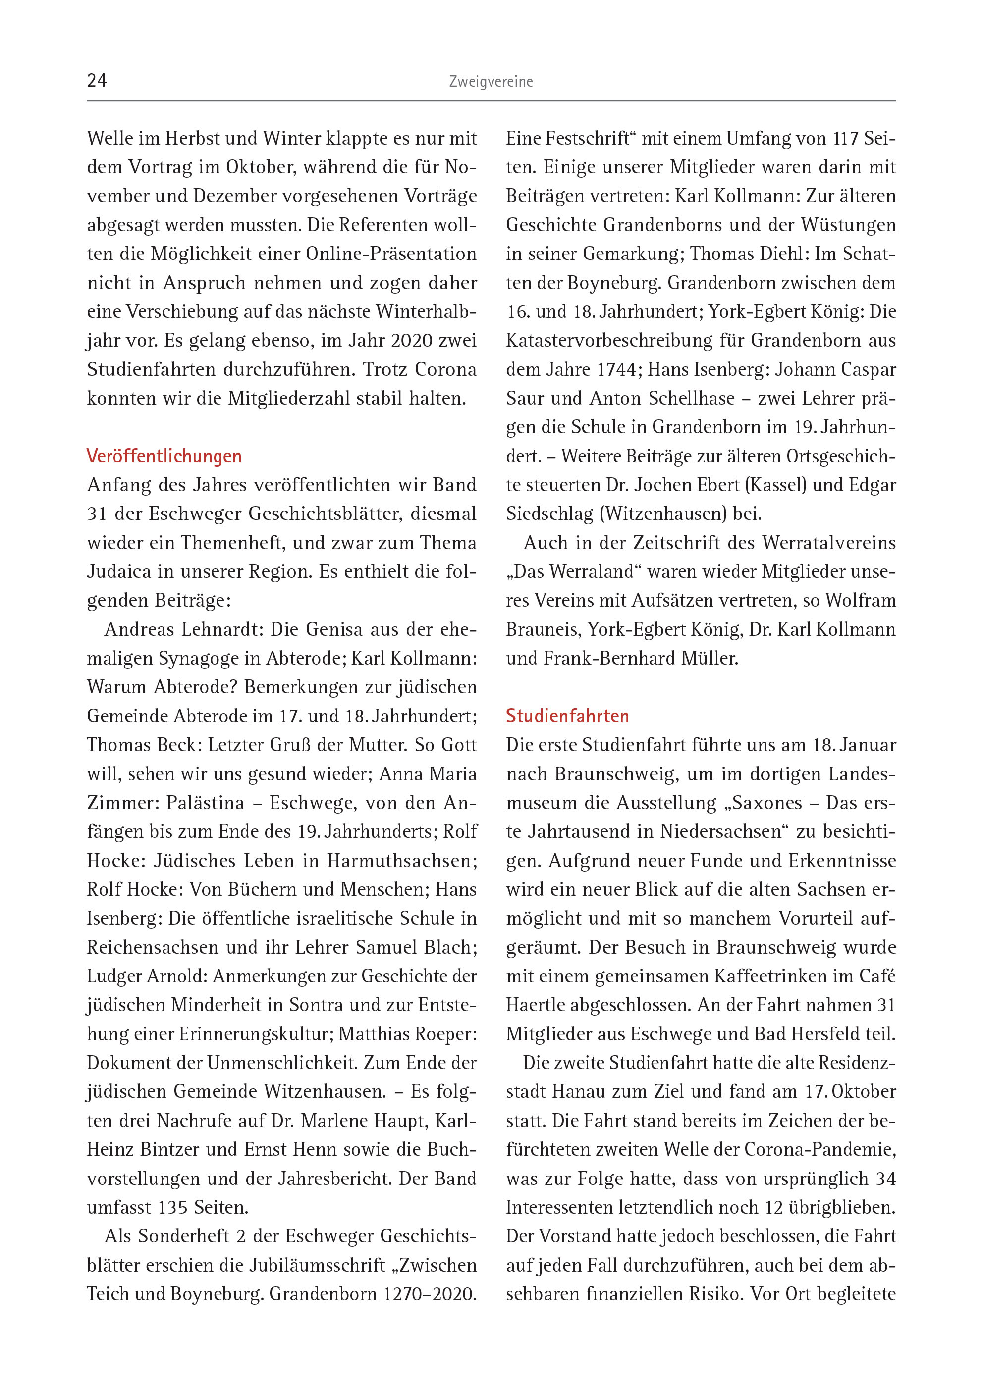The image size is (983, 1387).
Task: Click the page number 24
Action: point(97,80)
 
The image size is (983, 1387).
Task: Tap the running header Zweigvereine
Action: point(491,82)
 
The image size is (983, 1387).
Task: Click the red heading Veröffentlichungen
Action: point(164,456)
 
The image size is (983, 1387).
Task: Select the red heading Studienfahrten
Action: point(567,716)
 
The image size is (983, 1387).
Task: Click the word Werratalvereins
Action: point(828,543)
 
